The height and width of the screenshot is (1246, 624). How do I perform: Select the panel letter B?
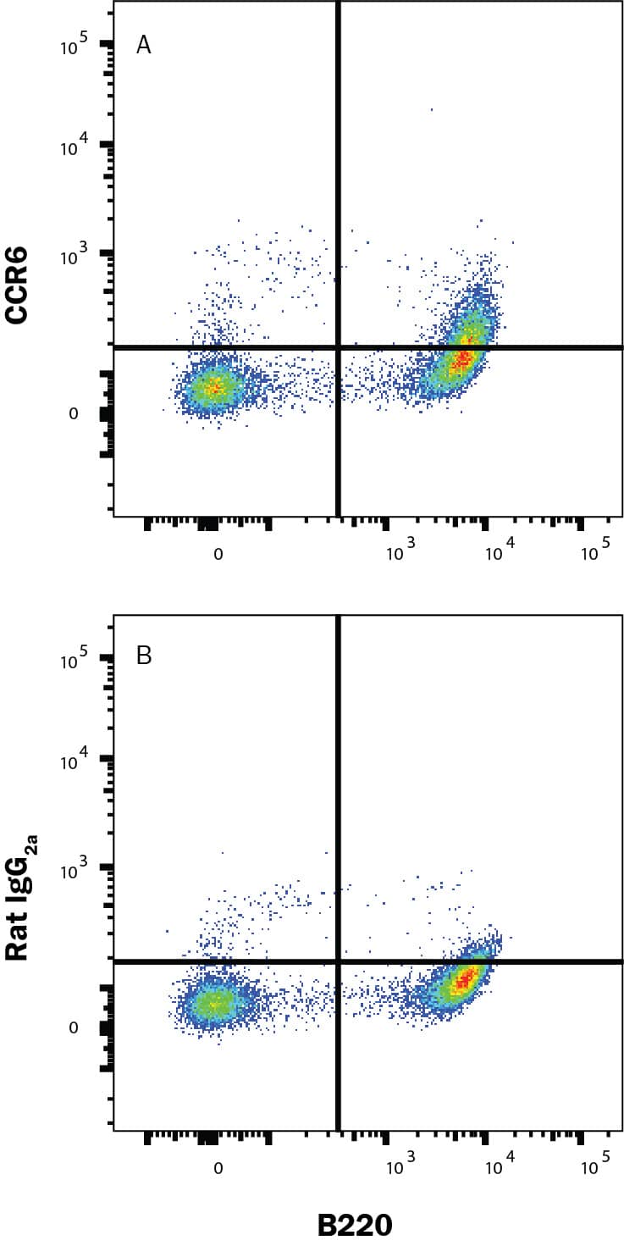click(x=144, y=656)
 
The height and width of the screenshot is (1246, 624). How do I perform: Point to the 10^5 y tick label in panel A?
click(x=75, y=47)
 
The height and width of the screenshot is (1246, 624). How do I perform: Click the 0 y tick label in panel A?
click(x=73, y=414)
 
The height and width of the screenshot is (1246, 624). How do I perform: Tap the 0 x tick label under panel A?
click(x=218, y=555)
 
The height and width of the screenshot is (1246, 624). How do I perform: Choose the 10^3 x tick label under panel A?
click(x=400, y=552)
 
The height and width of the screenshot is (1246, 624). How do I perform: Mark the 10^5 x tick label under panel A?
click(x=595, y=552)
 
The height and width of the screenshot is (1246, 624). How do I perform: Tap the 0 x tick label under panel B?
click(x=218, y=1169)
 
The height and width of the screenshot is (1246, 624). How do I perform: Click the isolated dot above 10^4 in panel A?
click(x=432, y=109)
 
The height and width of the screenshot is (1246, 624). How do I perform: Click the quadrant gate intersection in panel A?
click(x=339, y=347)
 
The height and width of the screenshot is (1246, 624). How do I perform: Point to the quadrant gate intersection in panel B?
click(x=339, y=961)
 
